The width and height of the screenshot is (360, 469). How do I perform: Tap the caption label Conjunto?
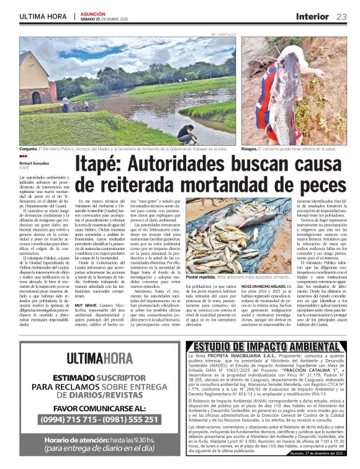pyautogui.click(x=29, y=150)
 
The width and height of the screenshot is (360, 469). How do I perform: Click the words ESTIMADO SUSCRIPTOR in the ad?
pyautogui.click(x=99, y=377)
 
